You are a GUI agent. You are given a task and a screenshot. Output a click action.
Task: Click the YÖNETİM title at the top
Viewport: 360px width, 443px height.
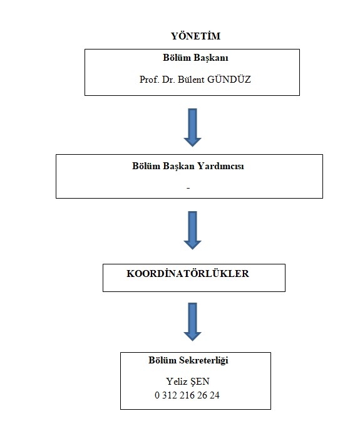(x=196, y=36)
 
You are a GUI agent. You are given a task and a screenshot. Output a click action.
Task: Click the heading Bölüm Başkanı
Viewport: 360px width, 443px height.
(x=195, y=58)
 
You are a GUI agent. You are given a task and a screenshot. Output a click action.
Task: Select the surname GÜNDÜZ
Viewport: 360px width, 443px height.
(x=229, y=80)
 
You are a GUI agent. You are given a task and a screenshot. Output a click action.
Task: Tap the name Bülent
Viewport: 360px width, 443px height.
(x=190, y=80)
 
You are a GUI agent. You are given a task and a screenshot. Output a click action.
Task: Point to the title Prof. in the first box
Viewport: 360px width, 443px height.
(x=150, y=80)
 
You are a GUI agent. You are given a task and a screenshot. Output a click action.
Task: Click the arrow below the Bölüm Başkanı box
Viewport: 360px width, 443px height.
(x=193, y=127)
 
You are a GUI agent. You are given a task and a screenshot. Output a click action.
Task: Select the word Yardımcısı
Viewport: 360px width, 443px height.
(x=220, y=166)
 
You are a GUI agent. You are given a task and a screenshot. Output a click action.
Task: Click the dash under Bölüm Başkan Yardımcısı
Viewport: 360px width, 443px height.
(x=188, y=188)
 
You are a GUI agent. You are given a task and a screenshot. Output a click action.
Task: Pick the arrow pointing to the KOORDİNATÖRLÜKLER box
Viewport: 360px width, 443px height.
(x=193, y=230)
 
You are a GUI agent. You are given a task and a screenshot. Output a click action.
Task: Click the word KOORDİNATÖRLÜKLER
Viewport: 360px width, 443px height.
(x=188, y=273)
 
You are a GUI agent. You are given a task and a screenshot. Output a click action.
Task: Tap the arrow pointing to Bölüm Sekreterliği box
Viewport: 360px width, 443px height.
(x=193, y=322)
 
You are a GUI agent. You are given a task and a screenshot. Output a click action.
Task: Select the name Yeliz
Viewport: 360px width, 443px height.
(x=176, y=382)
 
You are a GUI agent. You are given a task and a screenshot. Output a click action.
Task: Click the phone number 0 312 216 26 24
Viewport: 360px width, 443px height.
(x=187, y=395)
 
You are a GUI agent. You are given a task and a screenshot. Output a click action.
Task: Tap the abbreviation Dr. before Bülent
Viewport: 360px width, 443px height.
(x=168, y=80)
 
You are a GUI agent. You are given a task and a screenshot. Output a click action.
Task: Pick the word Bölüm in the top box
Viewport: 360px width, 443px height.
(x=177, y=58)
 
